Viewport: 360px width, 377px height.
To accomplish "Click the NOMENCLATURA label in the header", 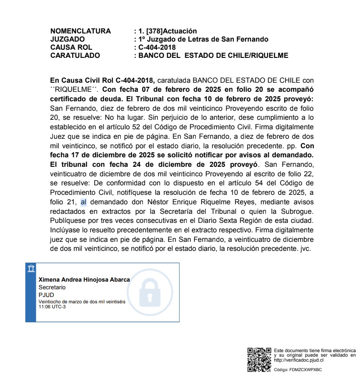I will (81, 31).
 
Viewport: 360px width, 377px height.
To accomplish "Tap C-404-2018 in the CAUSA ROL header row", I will (157, 47).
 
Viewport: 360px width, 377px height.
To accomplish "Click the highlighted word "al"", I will (83, 202).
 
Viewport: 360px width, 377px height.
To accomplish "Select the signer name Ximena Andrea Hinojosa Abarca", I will (84, 280).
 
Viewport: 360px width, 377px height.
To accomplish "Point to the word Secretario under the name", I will (52, 287).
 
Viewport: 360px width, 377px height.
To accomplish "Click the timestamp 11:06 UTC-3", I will (52, 306).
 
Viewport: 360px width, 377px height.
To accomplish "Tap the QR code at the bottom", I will (259, 359).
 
